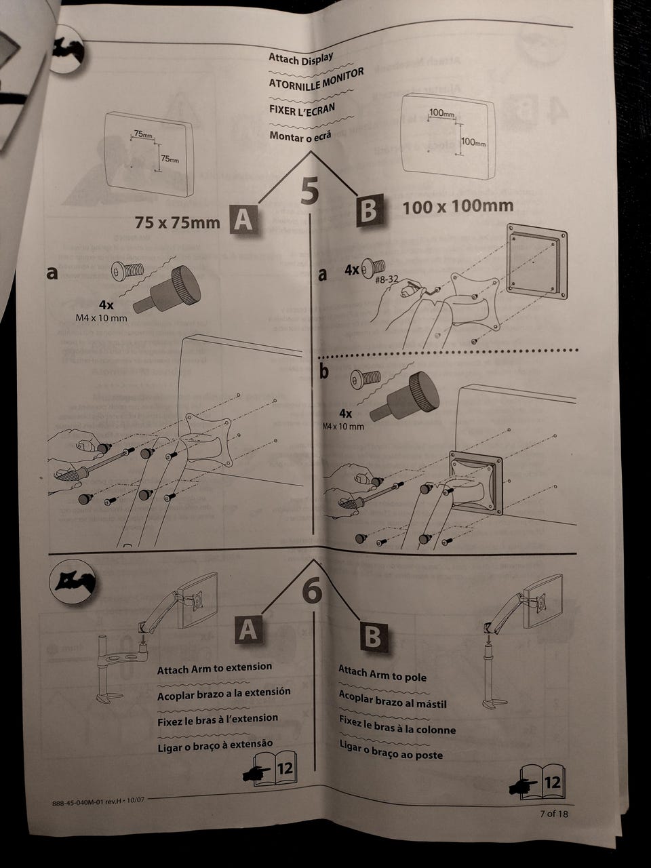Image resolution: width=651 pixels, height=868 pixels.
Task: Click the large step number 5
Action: click(309, 191)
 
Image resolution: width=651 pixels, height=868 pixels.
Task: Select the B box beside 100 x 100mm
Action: click(369, 209)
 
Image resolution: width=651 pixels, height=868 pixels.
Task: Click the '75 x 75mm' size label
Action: click(178, 222)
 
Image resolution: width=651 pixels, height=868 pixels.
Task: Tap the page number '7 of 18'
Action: click(554, 813)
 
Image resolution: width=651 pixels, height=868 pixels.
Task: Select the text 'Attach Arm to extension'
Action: click(214, 669)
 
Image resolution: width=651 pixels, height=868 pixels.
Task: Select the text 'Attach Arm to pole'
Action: click(382, 673)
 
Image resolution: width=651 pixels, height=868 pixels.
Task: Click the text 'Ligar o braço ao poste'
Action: click(391, 749)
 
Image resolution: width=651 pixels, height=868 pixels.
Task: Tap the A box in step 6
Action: click(248, 630)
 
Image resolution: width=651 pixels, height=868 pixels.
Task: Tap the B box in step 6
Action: click(372, 637)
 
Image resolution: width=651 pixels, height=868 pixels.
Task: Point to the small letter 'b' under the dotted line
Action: click(323, 370)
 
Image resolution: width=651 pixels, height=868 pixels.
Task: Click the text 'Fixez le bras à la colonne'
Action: click(397, 725)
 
